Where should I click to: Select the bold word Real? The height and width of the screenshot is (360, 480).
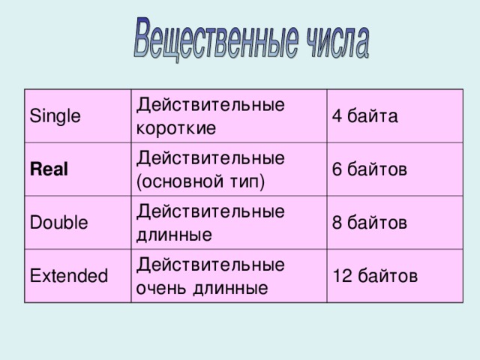tap(49, 169)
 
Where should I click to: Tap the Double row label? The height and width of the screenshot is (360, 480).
tap(58, 223)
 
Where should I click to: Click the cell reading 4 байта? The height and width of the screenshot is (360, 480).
tap(364, 116)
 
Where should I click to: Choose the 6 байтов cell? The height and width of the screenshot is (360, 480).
tap(370, 169)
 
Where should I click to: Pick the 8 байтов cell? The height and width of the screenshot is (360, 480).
tap(370, 223)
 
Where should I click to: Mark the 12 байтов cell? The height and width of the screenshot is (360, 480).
tap(374, 276)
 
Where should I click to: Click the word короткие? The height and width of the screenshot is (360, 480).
tap(176, 127)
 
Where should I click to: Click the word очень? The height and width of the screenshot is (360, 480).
tap(160, 287)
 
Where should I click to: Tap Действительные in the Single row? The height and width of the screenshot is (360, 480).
tap(210, 105)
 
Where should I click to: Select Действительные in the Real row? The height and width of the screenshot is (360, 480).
tap(210, 158)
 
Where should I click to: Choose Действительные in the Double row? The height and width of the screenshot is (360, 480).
tap(210, 211)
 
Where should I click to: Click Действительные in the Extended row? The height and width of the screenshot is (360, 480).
tap(210, 265)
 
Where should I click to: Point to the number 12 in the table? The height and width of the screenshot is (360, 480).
tap(341, 276)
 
